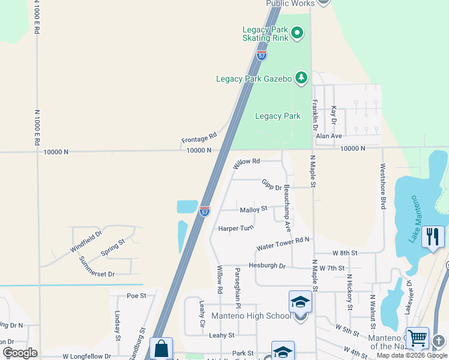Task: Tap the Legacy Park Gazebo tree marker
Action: (x=301, y=77)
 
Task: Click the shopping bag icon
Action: (x=161, y=349)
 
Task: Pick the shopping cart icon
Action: (x=418, y=338)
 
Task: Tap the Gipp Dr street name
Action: (x=271, y=184)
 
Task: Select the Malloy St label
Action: (x=253, y=209)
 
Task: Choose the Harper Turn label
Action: (x=236, y=228)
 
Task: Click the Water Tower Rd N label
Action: (x=282, y=244)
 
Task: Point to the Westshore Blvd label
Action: (x=382, y=187)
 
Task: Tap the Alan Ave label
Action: (x=328, y=136)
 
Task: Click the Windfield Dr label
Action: (x=86, y=241)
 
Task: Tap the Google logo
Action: (x=20, y=353)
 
